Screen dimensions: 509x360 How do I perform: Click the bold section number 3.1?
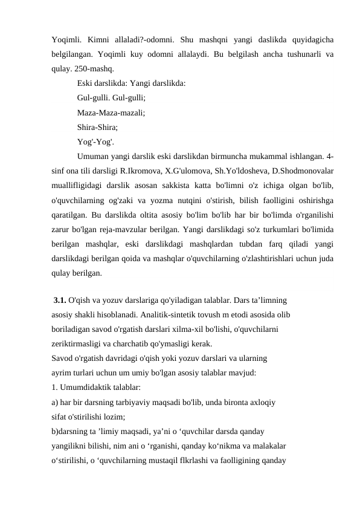pos(60,299)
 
